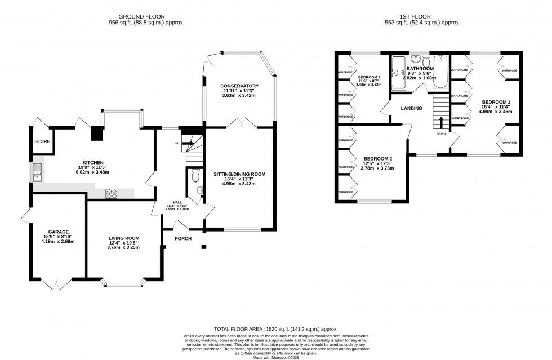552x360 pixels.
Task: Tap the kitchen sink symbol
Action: (x=37, y=172)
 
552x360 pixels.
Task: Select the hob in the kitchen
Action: (x=112, y=193)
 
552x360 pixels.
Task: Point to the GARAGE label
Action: (x=58, y=232)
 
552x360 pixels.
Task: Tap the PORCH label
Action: (x=183, y=238)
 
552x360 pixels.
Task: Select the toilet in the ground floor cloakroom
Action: (x=195, y=177)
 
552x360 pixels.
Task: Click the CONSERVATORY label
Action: (x=239, y=86)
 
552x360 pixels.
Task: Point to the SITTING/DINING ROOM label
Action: (x=239, y=174)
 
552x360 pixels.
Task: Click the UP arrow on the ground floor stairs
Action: (x=189, y=144)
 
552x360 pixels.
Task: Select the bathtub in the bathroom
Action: (x=440, y=72)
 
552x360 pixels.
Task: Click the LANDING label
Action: (x=411, y=108)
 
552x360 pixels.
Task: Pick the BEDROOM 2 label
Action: (x=378, y=158)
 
